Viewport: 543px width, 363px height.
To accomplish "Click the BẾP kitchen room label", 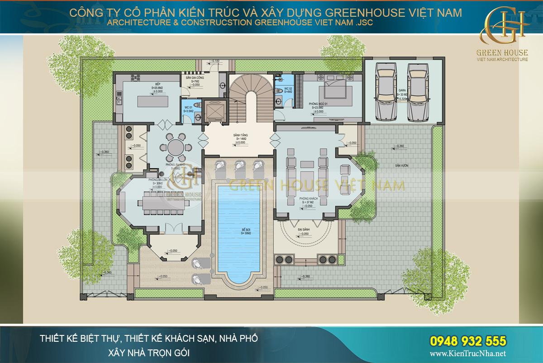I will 158,85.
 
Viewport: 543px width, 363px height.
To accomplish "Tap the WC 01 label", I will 189,108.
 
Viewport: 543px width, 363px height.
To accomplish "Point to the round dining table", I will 175,147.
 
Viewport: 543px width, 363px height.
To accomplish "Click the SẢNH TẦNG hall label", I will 240,136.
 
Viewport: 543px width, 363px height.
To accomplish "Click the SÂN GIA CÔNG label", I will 193,77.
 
